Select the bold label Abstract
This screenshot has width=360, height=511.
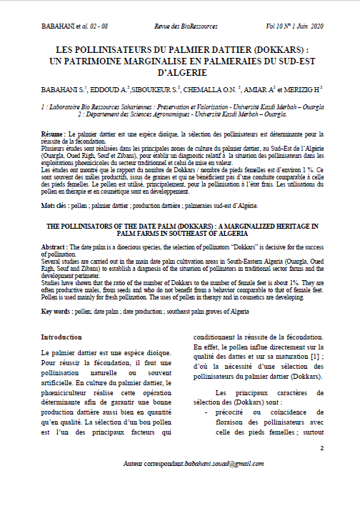(x=53, y=245)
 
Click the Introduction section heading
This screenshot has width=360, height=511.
(x=61, y=336)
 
